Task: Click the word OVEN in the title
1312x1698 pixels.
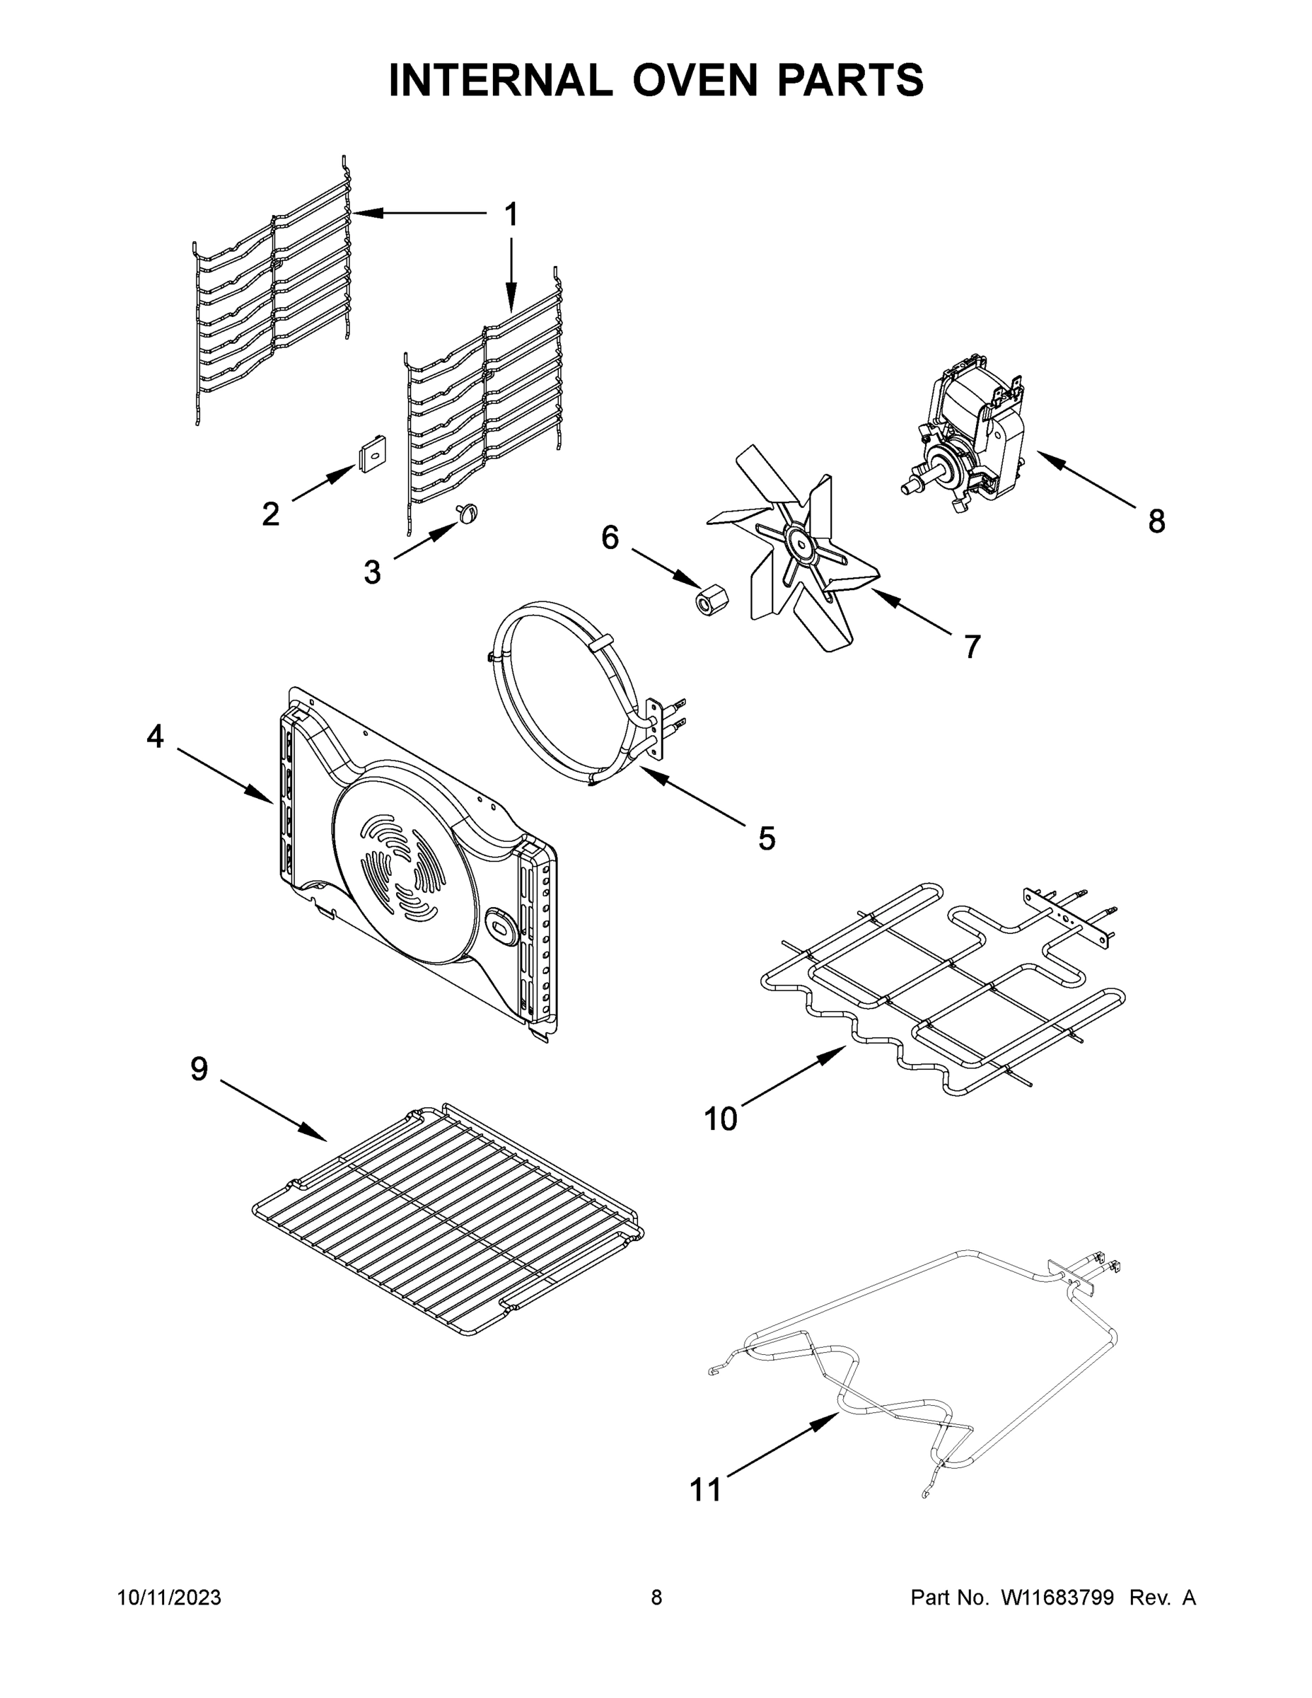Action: (x=694, y=79)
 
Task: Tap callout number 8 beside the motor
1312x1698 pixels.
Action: (x=1156, y=521)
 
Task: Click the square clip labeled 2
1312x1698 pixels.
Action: (x=372, y=451)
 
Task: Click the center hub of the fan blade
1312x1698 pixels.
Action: (x=799, y=541)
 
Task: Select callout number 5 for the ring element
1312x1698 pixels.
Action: (x=767, y=839)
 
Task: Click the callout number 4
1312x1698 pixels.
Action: (x=156, y=737)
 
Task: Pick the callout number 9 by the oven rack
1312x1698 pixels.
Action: (x=199, y=1069)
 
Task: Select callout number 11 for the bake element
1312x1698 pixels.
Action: (x=706, y=1491)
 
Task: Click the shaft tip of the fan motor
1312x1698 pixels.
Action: (x=906, y=487)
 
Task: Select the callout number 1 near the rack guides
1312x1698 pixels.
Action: (x=511, y=214)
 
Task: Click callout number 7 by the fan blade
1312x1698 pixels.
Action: (x=972, y=646)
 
